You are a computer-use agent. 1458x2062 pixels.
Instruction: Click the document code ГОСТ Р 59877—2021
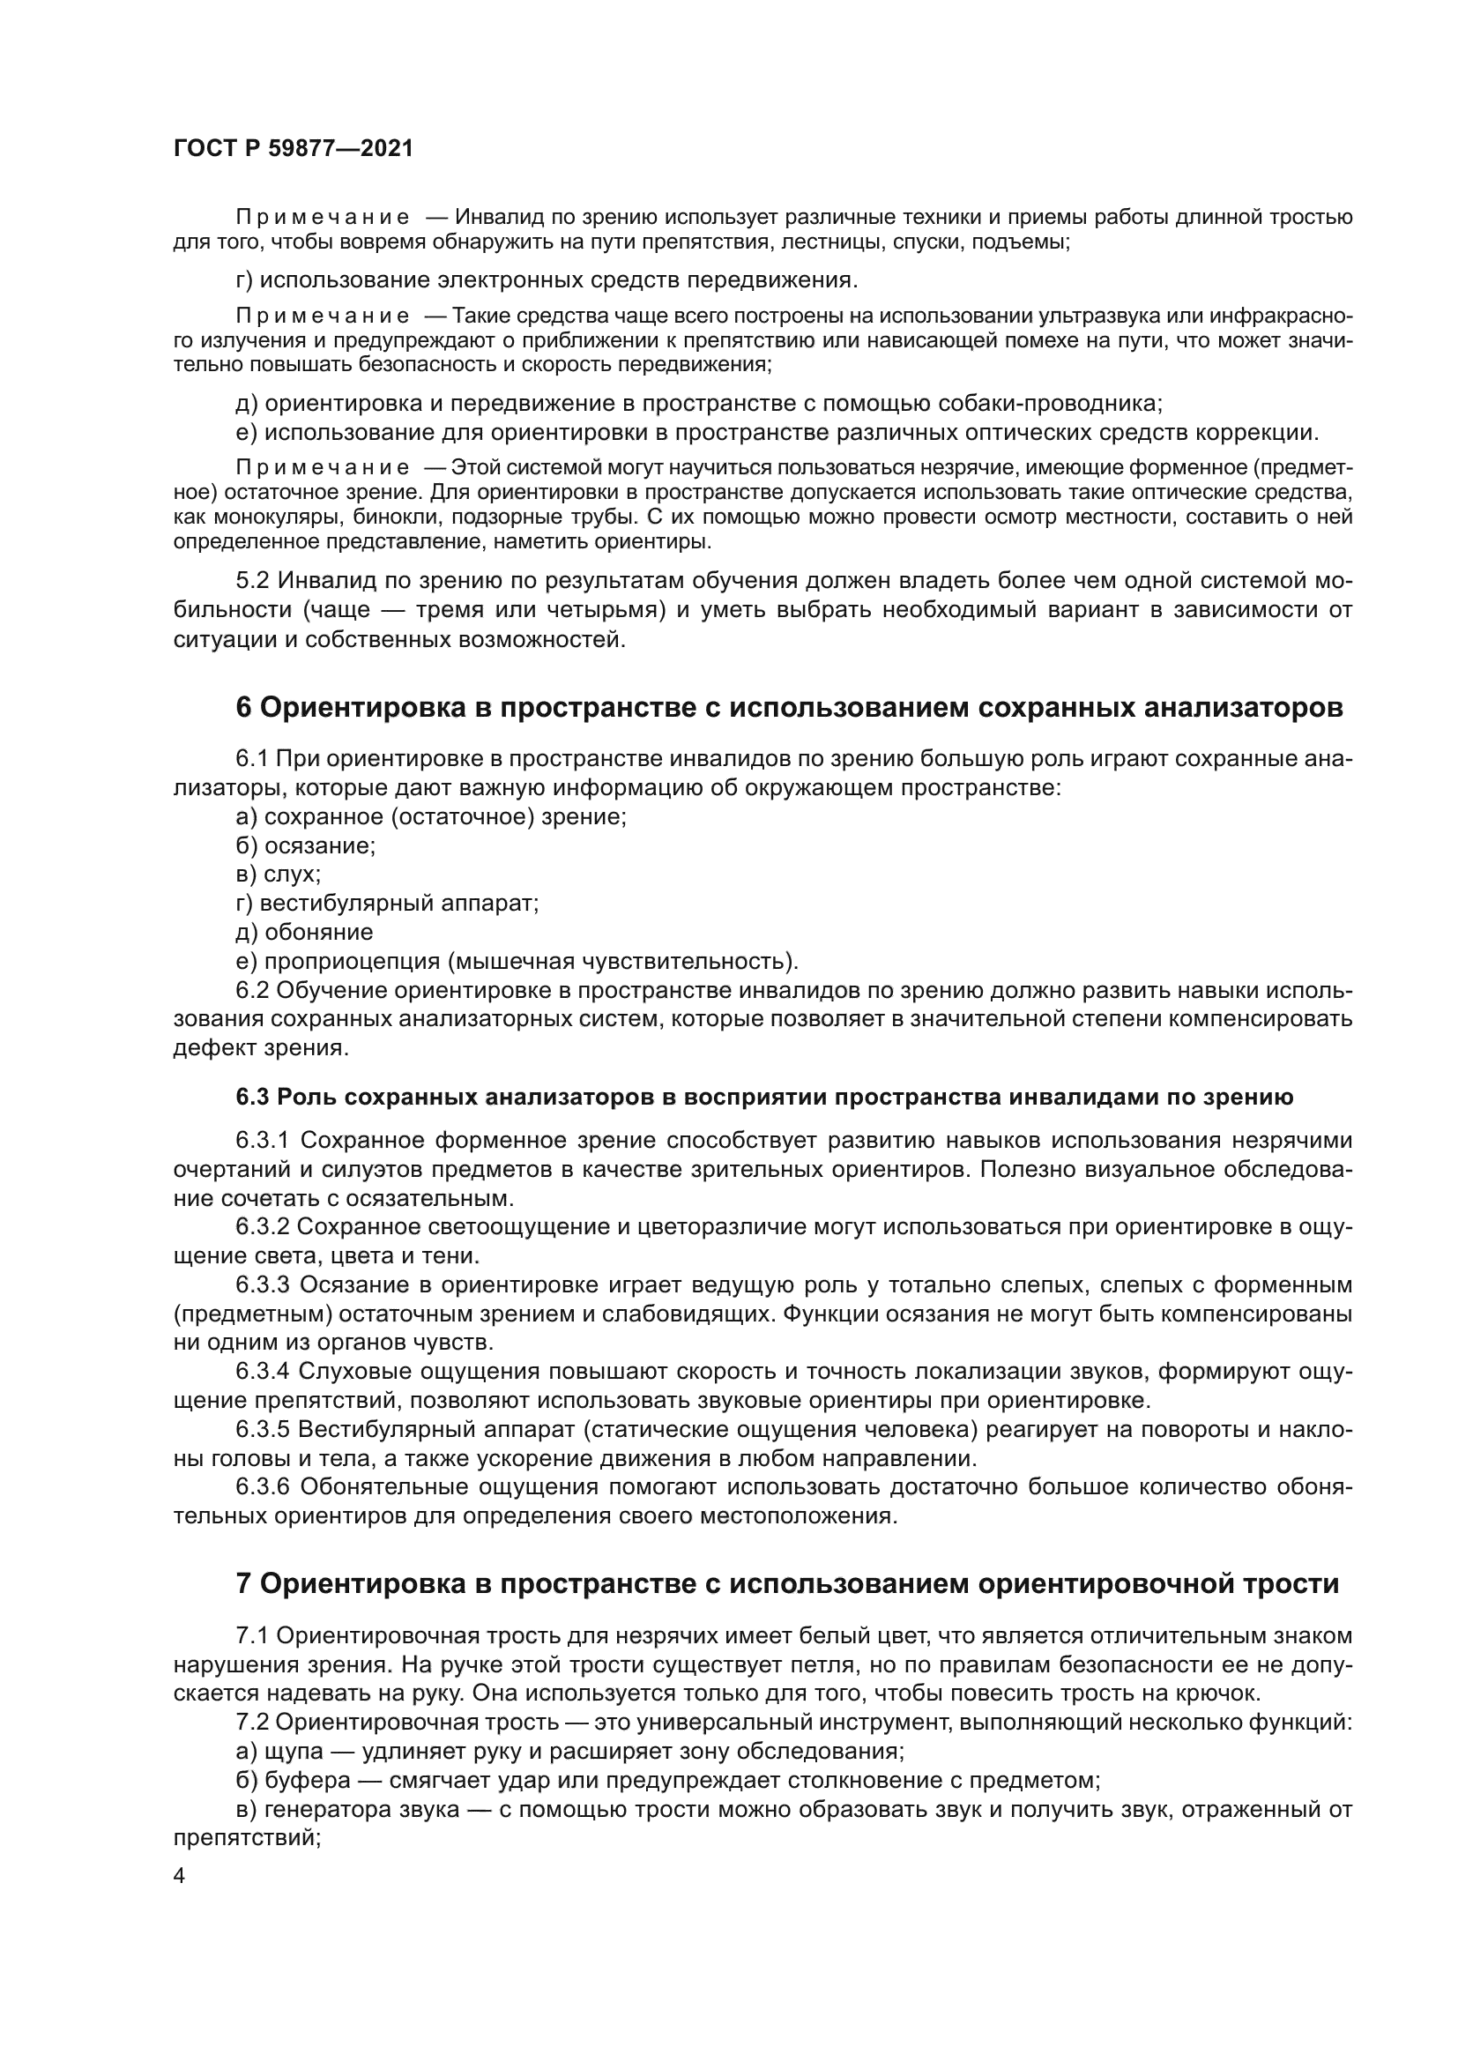point(294,149)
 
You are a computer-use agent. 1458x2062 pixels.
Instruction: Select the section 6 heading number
point(244,708)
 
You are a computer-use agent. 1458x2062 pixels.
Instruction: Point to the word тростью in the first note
point(1316,218)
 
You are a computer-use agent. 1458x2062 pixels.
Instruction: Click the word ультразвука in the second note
point(1129,316)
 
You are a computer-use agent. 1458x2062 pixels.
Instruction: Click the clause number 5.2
point(253,581)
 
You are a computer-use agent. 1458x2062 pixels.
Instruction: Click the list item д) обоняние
point(304,932)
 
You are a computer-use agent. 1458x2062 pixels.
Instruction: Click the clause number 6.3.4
point(263,1372)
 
